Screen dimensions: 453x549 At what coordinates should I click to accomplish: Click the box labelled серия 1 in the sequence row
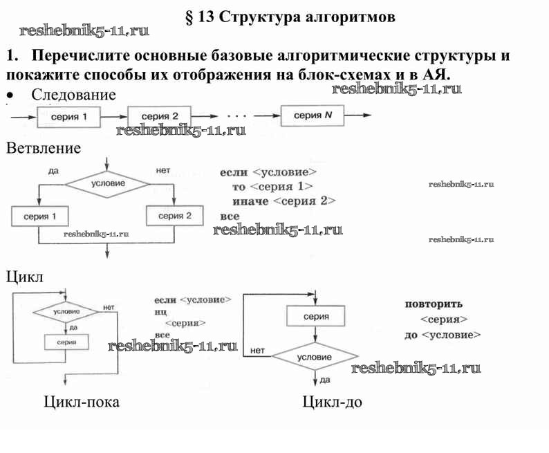70,116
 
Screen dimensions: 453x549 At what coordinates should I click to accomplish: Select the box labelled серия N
313,115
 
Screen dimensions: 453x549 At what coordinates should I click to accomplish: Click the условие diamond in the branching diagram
109,183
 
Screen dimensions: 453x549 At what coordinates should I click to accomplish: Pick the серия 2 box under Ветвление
175,216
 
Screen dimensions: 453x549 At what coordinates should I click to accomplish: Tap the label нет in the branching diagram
163,170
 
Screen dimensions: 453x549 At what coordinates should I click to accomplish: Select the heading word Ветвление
44,148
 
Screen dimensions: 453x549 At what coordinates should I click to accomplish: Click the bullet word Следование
74,95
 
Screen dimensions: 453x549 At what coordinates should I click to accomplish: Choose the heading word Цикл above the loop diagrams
25,277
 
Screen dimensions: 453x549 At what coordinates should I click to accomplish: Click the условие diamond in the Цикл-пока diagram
66,312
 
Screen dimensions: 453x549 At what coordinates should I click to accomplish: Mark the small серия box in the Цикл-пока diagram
66,342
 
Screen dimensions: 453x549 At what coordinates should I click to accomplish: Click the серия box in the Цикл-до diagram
315,316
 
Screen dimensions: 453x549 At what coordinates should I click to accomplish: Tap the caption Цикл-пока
81,402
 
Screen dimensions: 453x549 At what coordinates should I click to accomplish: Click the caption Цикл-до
332,402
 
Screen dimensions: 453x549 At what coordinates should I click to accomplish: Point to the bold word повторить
434,304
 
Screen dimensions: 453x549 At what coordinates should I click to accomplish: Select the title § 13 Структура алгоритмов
291,17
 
